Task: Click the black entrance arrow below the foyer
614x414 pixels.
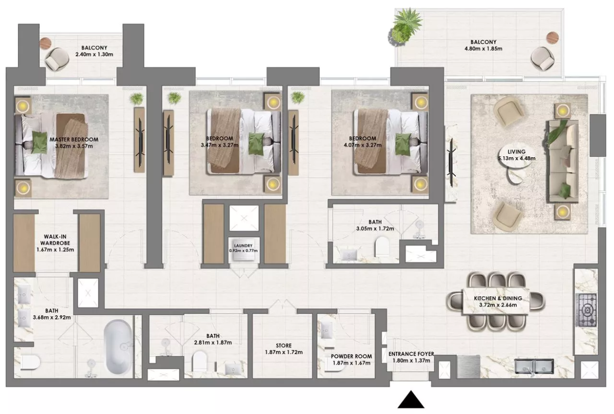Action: click(411, 400)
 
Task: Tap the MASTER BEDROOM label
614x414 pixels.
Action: click(74, 139)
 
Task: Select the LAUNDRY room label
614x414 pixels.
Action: click(243, 246)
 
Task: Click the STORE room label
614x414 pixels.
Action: click(284, 346)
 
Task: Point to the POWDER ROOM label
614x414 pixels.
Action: click(351, 357)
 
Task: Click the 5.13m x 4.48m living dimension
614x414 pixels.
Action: click(517, 158)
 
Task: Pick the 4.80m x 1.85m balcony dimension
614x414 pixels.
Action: click(484, 49)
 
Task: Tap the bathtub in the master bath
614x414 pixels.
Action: click(118, 347)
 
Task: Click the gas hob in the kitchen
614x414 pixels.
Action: click(587, 310)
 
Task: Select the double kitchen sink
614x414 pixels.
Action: click(534, 366)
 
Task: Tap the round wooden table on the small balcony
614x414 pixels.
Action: click(46, 43)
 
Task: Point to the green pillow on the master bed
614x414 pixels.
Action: click(39, 142)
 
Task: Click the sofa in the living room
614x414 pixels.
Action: click(563, 162)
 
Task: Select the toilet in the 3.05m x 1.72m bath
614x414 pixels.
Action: click(382, 247)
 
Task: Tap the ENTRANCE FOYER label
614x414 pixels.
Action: click(411, 354)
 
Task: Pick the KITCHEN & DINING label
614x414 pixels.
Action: click(498, 299)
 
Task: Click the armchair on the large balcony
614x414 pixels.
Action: click(542, 58)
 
